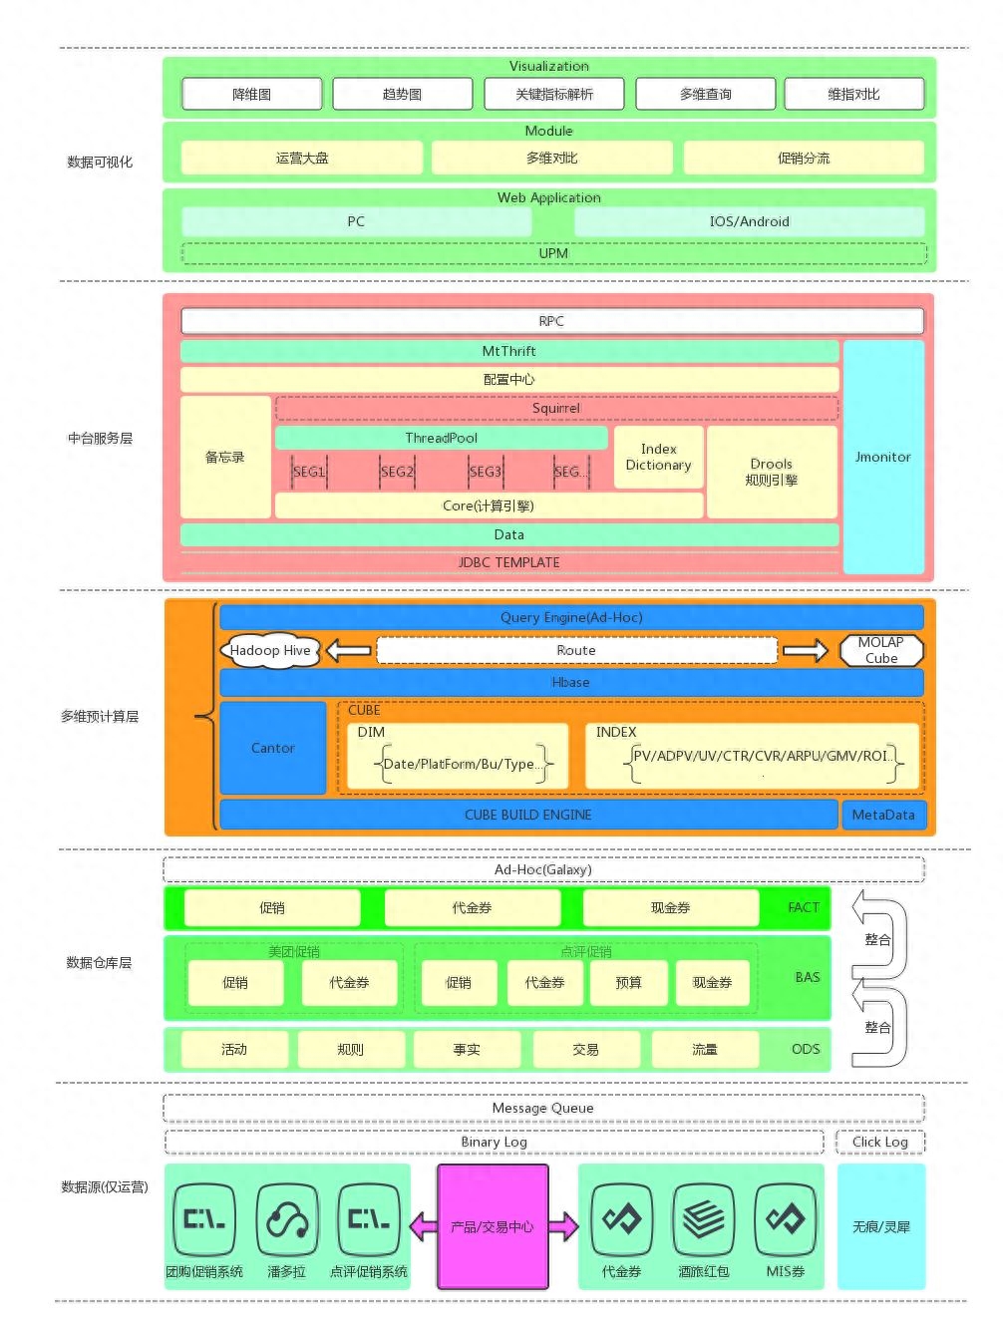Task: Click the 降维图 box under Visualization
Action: point(252,94)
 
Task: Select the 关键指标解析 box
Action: point(554,94)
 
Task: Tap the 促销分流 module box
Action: point(804,158)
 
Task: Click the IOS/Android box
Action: point(749,221)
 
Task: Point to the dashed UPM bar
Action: point(553,253)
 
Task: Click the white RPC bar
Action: point(551,321)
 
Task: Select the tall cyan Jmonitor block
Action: point(883,457)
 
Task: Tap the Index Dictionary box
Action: point(658,457)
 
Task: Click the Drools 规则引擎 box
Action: point(772,472)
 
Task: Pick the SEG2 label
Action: point(397,472)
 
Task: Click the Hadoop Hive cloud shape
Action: point(270,650)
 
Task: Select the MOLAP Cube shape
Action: point(881,650)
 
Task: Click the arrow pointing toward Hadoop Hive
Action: point(349,651)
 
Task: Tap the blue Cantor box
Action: point(273,748)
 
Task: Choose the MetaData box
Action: point(883,815)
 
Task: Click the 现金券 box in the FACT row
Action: point(670,907)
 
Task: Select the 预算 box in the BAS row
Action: point(629,982)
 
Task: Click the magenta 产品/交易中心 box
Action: point(494,1226)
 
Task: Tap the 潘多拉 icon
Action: point(287,1218)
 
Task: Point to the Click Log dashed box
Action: point(880,1142)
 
